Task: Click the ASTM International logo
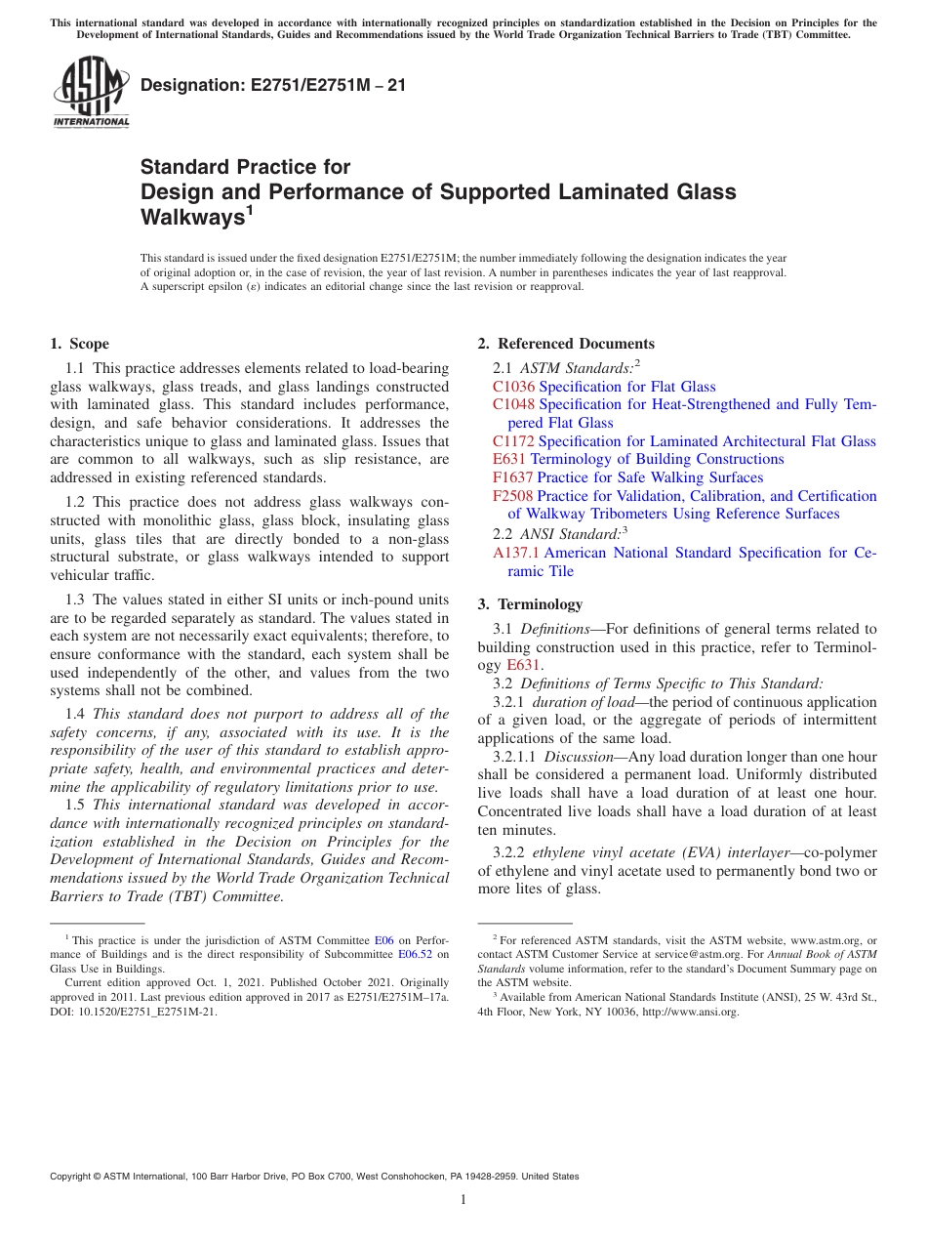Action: pyautogui.click(x=91, y=93)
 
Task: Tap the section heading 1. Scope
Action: pyautogui.click(x=79, y=344)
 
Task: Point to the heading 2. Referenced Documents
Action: pyautogui.click(x=566, y=344)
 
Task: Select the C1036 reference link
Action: pyautogui.click(x=513, y=387)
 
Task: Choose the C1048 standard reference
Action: pyautogui.click(x=513, y=404)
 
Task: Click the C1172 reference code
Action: pyautogui.click(x=513, y=441)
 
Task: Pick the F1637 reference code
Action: pyautogui.click(x=512, y=477)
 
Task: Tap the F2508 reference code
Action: pyautogui.click(x=512, y=496)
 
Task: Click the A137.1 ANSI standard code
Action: pyautogui.click(x=516, y=553)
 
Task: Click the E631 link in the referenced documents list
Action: pyautogui.click(x=509, y=459)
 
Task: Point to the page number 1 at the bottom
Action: pyautogui.click(x=463, y=1199)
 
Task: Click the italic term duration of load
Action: pyautogui.click(x=579, y=702)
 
